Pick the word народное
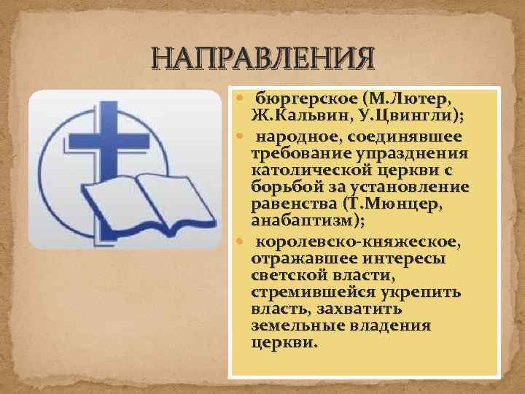click(x=296, y=136)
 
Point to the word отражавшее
click(x=296, y=259)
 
